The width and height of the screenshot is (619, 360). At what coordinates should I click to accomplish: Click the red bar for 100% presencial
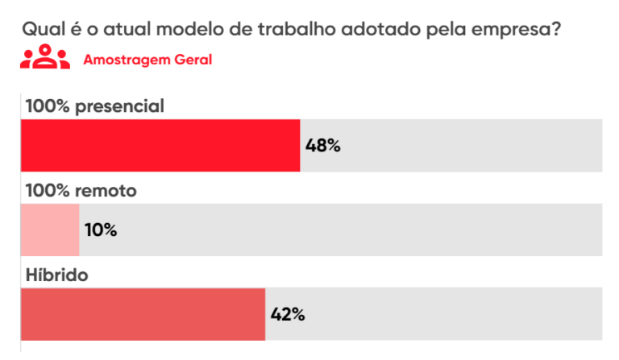tap(160, 146)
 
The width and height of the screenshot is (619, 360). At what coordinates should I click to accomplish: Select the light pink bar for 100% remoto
tap(50, 230)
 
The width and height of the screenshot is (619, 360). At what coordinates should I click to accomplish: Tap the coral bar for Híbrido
tap(143, 314)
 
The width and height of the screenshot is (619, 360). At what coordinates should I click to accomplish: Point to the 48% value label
tap(323, 146)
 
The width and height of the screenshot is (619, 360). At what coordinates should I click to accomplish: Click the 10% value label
tap(101, 230)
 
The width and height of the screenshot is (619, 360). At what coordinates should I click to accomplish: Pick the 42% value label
tap(288, 314)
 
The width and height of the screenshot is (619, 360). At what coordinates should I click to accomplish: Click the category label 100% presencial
tap(94, 106)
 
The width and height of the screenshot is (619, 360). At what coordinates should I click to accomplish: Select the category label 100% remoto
tap(81, 191)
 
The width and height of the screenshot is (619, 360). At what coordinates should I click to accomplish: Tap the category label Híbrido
tap(56, 275)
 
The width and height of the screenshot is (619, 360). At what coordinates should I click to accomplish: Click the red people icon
tap(46, 59)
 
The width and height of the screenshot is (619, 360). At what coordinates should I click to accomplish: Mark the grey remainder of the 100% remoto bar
tap(363, 230)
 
